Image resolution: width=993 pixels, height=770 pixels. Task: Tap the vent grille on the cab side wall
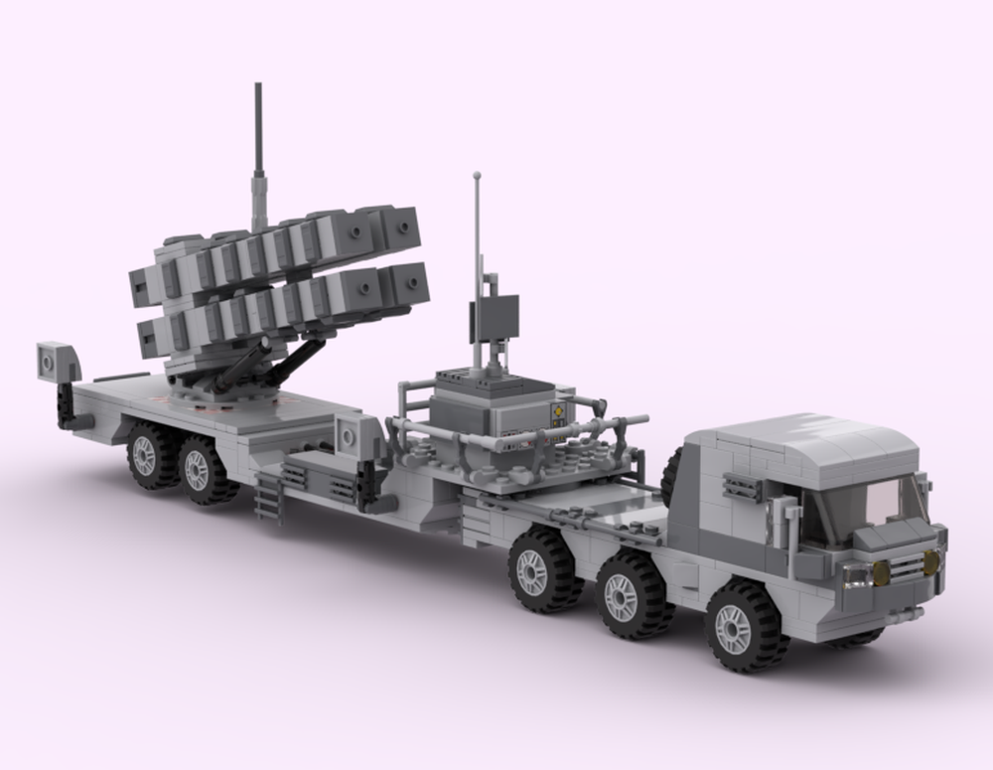tap(742, 486)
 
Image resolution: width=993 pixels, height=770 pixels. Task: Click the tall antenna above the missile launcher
tap(260, 149)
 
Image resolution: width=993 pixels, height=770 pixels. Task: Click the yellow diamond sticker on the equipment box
tap(559, 410)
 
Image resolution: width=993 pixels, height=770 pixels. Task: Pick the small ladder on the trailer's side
tap(268, 497)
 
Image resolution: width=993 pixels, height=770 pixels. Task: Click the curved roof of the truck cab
tap(794, 441)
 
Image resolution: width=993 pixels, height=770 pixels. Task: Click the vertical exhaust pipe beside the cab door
tap(791, 528)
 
